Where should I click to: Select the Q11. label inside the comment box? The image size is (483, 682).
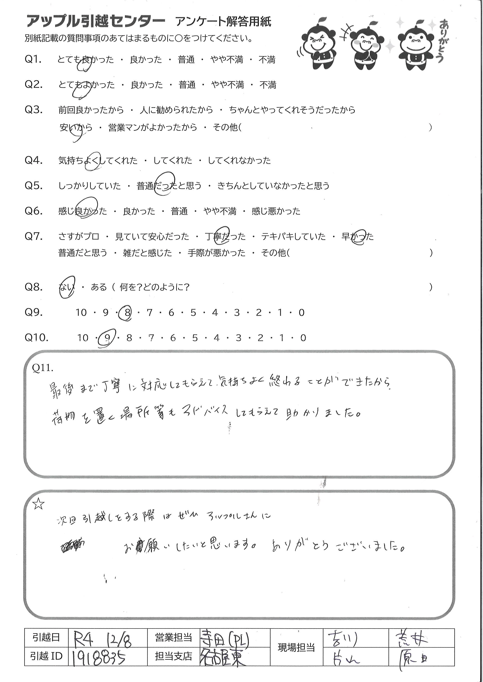pos(42,368)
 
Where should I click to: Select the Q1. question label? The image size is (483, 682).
pos(33,60)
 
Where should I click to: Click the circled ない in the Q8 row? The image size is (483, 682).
pos(67,287)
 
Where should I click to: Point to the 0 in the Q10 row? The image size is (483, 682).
pos(303,338)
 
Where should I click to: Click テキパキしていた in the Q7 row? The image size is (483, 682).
pos(293,237)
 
